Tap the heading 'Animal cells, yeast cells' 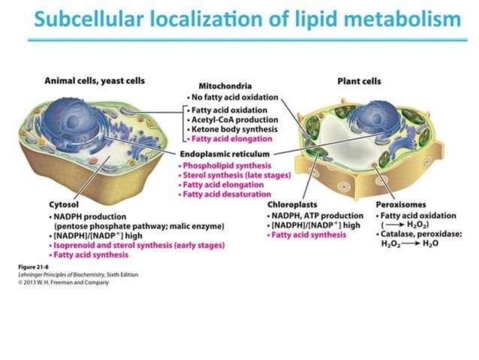95,80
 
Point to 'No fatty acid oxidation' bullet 233,98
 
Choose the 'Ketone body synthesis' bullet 231,129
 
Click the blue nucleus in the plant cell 367,119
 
